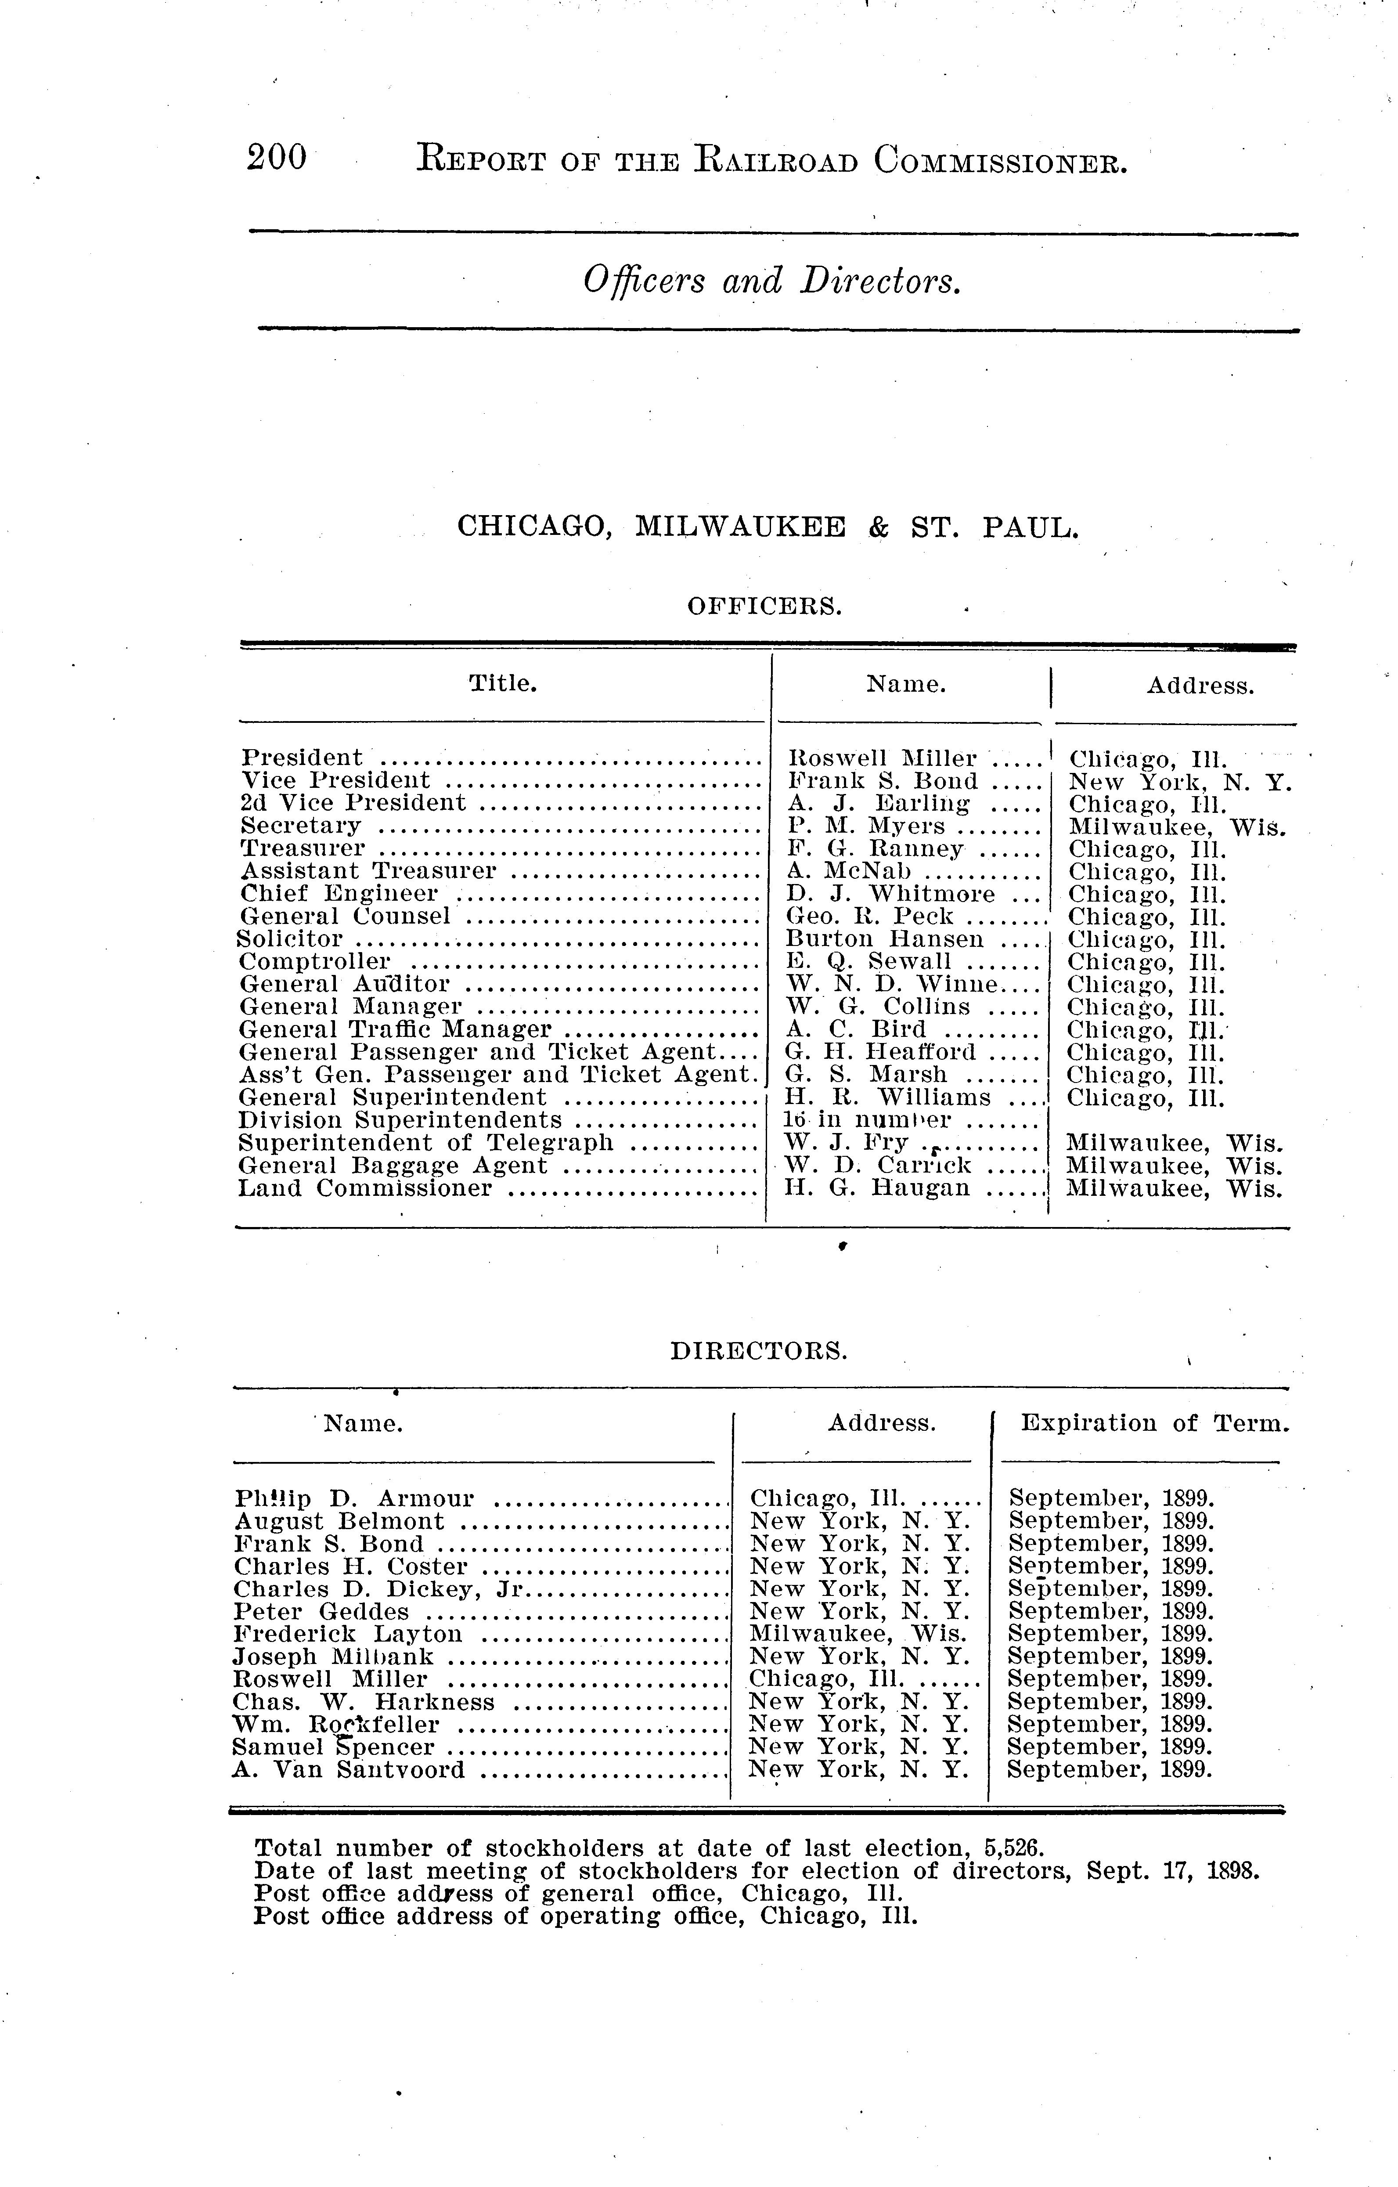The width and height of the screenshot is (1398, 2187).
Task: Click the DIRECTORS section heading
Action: coord(759,1352)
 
